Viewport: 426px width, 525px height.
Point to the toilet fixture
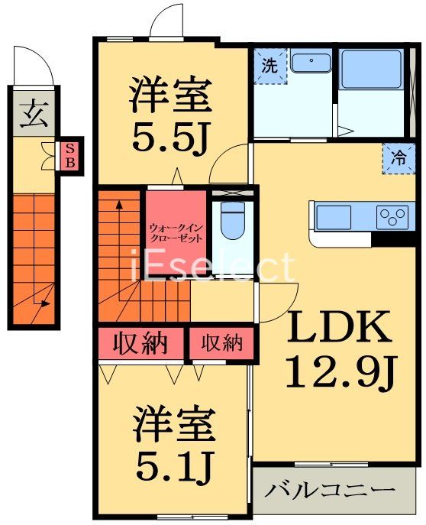[x=230, y=219]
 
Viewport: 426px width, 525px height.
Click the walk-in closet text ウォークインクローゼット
[x=176, y=232]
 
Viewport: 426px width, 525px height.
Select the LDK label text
[x=340, y=329]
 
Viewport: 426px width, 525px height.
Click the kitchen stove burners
[x=393, y=216]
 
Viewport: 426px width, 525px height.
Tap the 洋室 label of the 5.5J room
[x=169, y=96]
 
